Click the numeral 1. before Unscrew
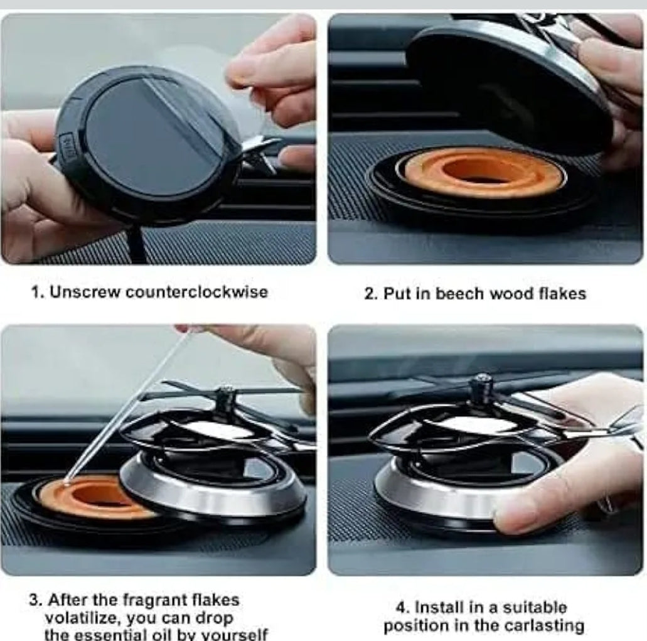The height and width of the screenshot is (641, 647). point(38,292)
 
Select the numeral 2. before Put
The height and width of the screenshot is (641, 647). point(371,293)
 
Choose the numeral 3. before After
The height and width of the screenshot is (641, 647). point(35,600)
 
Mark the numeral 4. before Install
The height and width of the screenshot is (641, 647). point(403,608)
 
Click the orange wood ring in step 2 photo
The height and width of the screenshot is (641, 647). point(483,173)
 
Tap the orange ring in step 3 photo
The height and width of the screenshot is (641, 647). point(88,499)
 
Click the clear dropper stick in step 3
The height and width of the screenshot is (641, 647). point(126,408)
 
